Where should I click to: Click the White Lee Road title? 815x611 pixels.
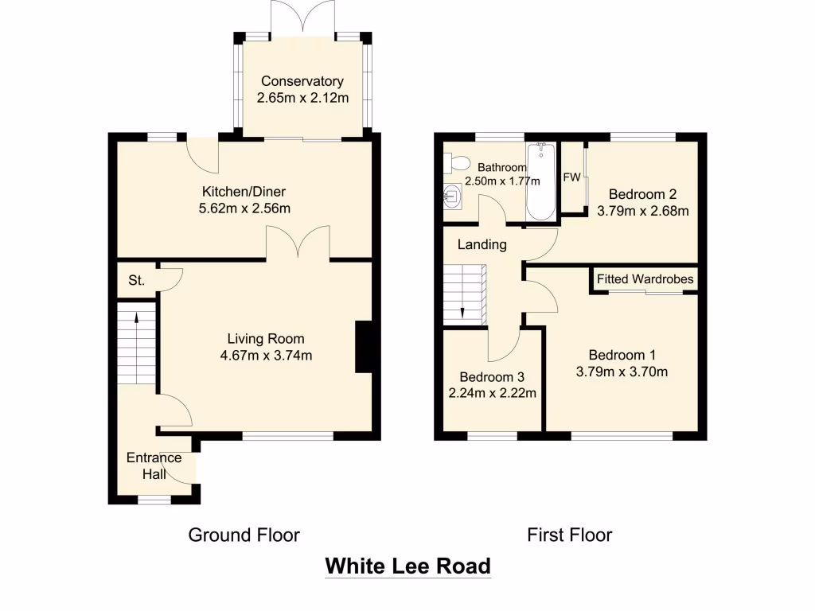coord(407,566)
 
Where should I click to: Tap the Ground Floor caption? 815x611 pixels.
coord(244,535)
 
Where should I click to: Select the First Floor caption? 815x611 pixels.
coord(569,535)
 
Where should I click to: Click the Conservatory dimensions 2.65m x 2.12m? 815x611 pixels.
coord(302,98)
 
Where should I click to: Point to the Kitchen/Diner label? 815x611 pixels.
coord(244,192)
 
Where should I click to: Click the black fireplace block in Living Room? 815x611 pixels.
coord(364,346)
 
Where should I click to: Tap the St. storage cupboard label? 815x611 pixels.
coord(136,280)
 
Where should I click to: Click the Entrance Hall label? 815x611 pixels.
coord(154,466)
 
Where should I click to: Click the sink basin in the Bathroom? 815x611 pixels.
coord(451,195)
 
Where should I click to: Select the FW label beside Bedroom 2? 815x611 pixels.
coord(571,177)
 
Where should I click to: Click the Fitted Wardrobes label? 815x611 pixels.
coord(645,279)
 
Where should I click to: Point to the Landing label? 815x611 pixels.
coord(482,244)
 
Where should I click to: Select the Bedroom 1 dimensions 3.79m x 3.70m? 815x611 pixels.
coord(622,371)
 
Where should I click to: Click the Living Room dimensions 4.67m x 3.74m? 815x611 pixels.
coord(266,355)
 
